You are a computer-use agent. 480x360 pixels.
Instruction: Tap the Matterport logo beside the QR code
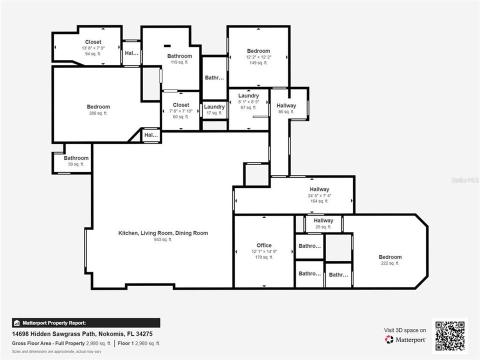tap(405, 339)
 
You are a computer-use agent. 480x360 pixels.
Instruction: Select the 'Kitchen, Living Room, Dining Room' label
tap(163, 233)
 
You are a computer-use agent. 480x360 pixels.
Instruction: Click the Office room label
tap(264, 245)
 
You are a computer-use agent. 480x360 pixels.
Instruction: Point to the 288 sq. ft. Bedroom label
tap(98, 107)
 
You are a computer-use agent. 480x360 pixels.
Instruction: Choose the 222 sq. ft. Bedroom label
tap(390, 257)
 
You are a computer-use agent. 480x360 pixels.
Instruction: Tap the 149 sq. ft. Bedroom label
tap(258, 51)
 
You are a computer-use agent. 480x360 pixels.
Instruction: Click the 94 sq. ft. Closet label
tap(93, 42)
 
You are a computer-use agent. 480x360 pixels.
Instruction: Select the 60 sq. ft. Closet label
tap(180, 105)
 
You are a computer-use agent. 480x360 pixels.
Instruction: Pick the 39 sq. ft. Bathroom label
tap(76, 158)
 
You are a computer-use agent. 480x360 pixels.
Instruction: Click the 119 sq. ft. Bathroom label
tap(179, 56)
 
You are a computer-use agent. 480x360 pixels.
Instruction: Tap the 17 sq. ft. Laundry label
tap(214, 107)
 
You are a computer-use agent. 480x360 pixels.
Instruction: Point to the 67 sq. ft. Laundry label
tap(248, 95)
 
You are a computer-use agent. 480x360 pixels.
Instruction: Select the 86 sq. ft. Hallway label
tap(286, 105)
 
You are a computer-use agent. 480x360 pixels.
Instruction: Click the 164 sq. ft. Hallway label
tap(319, 189)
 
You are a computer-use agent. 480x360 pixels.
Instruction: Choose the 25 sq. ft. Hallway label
tap(323, 220)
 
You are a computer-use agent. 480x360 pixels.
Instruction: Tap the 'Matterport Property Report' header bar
tap(86, 323)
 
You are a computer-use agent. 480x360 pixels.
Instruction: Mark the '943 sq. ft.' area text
tap(163, 240)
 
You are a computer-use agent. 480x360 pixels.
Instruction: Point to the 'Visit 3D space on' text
tap(405, 330)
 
